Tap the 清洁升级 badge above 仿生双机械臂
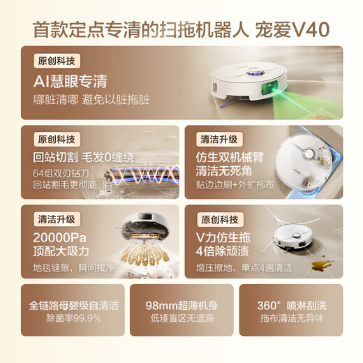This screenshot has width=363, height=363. [218, 138]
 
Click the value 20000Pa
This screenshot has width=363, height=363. [64, 238]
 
